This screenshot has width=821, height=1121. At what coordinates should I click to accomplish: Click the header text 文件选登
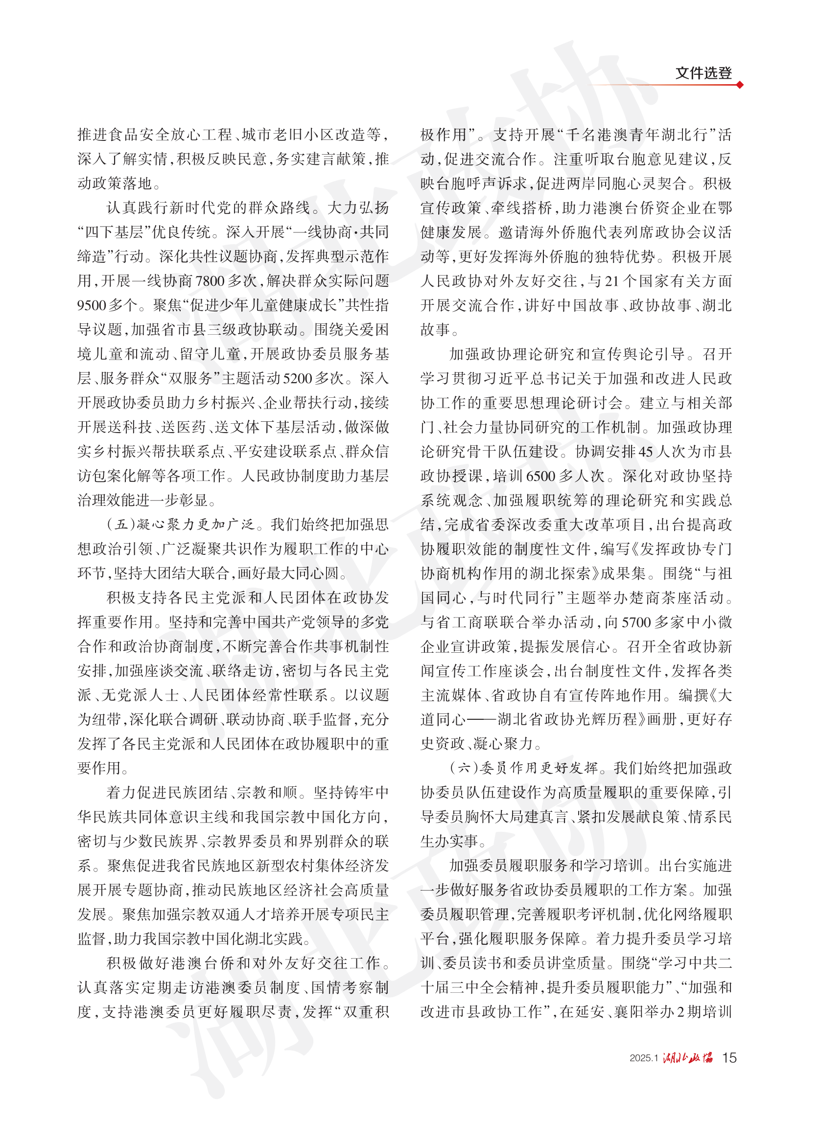[x=703, y=73]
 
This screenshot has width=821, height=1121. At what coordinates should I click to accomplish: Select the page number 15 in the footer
[x=729, y=1058]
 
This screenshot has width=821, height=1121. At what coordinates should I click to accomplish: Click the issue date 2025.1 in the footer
[x=644, y=1058]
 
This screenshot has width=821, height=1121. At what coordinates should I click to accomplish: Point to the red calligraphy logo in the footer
[x=688, y=1057]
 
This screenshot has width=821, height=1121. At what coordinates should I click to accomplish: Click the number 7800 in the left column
[x=210, y=281]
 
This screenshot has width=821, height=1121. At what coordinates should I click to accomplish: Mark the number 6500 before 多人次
[x=540, y=476]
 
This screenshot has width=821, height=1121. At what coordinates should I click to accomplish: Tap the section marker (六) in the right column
[x=464, y=768]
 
